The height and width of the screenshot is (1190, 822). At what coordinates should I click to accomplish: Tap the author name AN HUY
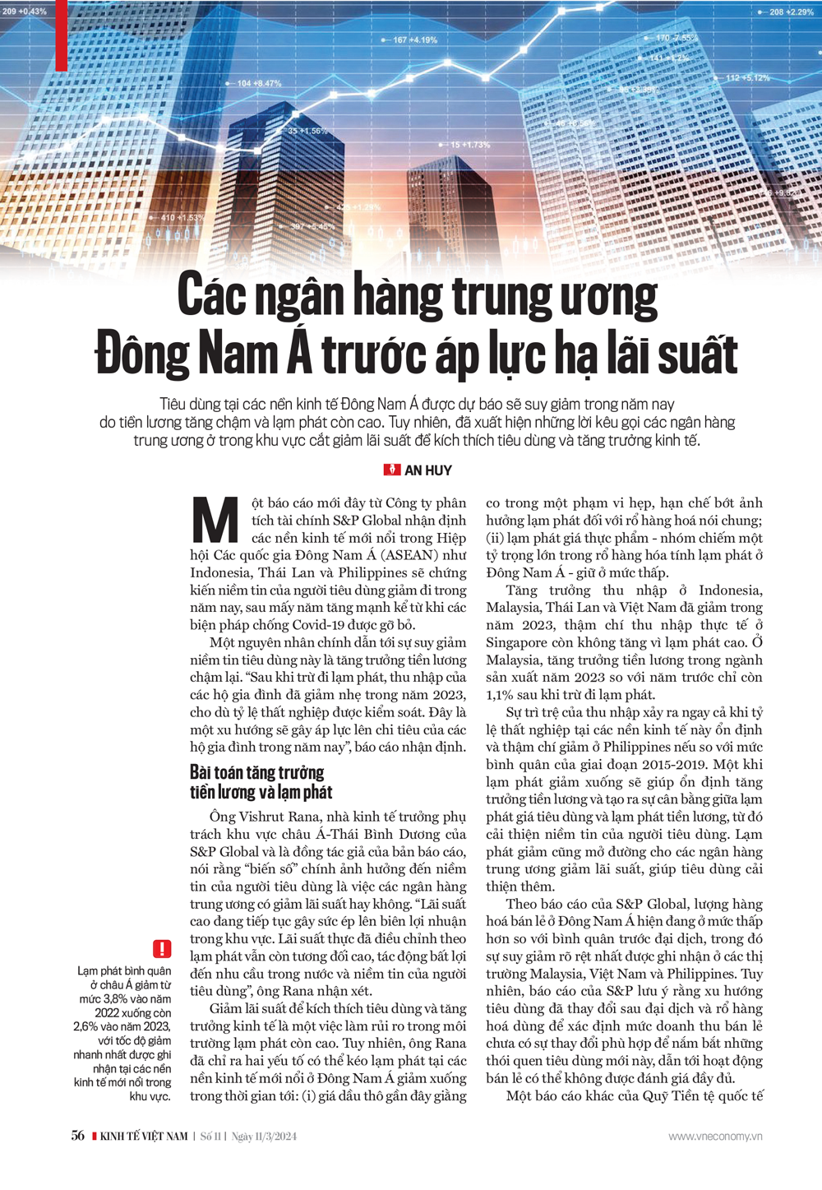pyautogui.click(x=428, y=470)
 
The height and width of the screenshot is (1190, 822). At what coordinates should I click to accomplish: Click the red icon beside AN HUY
pyautogui.click(x=392, y=470)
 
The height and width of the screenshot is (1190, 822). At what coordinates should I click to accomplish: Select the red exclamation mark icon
pyautogui.click(x=162, y=948)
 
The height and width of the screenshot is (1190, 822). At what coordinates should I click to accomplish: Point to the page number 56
pyautogui.click(x=78, y=1136)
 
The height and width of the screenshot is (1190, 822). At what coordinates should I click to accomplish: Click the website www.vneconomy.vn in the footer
pyautogui.click(x=715, y=1137)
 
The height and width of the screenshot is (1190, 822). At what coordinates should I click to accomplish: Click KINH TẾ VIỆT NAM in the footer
pyautogui.click(x=143, y=1137)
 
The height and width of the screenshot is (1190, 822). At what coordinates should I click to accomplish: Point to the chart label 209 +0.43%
pyautogui.click(x=25, y=12)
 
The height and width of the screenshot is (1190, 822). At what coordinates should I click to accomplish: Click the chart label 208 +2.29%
pyautogui.click(x=791, y=12)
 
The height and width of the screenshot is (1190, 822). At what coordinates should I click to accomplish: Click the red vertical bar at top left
pyautogui.click(x=62, y=35)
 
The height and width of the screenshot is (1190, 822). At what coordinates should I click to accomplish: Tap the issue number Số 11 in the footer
pyautogui.click(x=212, y=1137)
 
